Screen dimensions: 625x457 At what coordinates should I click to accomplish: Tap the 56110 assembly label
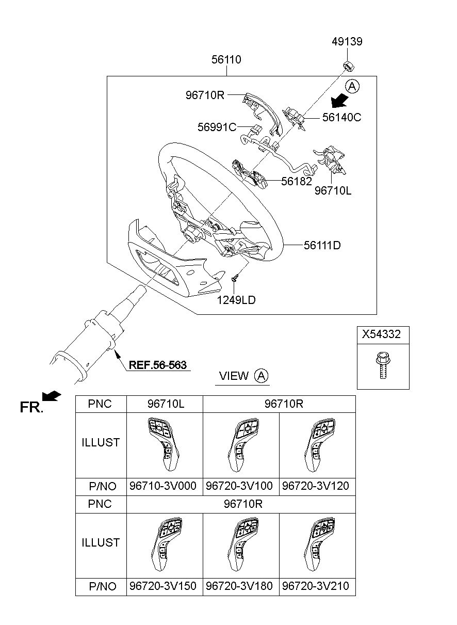pyautogui.click(x=226, y=60)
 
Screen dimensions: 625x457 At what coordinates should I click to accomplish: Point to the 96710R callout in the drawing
pyautogui.click(x=205, y=95)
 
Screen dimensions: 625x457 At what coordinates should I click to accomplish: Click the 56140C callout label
pyautogui.click(x=341, y=118)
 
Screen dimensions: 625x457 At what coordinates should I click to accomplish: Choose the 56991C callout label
pyautogui.click(x=217, y=126)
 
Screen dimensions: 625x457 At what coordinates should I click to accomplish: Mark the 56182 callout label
pyautogui.click(x=296, y=182)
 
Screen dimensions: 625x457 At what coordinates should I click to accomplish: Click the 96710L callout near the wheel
pyautogui.click(x=333, y=190)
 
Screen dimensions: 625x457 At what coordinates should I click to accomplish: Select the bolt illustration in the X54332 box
pyautogui.click(x=381, y=366)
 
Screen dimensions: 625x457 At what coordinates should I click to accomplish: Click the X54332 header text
pyautogui.click(x=381, y=334)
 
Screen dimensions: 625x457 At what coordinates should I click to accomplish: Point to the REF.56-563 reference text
pyautogui.click(x=157, y=364)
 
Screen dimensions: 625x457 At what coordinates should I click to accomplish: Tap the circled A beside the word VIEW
pyautogui.click(x=262, y=376)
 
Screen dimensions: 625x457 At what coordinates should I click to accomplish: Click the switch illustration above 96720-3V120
pyautogui.click(x=317, y=443)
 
